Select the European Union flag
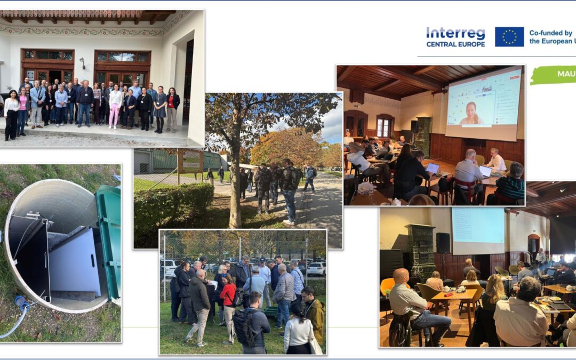(509, 37)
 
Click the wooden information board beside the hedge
(190, 160)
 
